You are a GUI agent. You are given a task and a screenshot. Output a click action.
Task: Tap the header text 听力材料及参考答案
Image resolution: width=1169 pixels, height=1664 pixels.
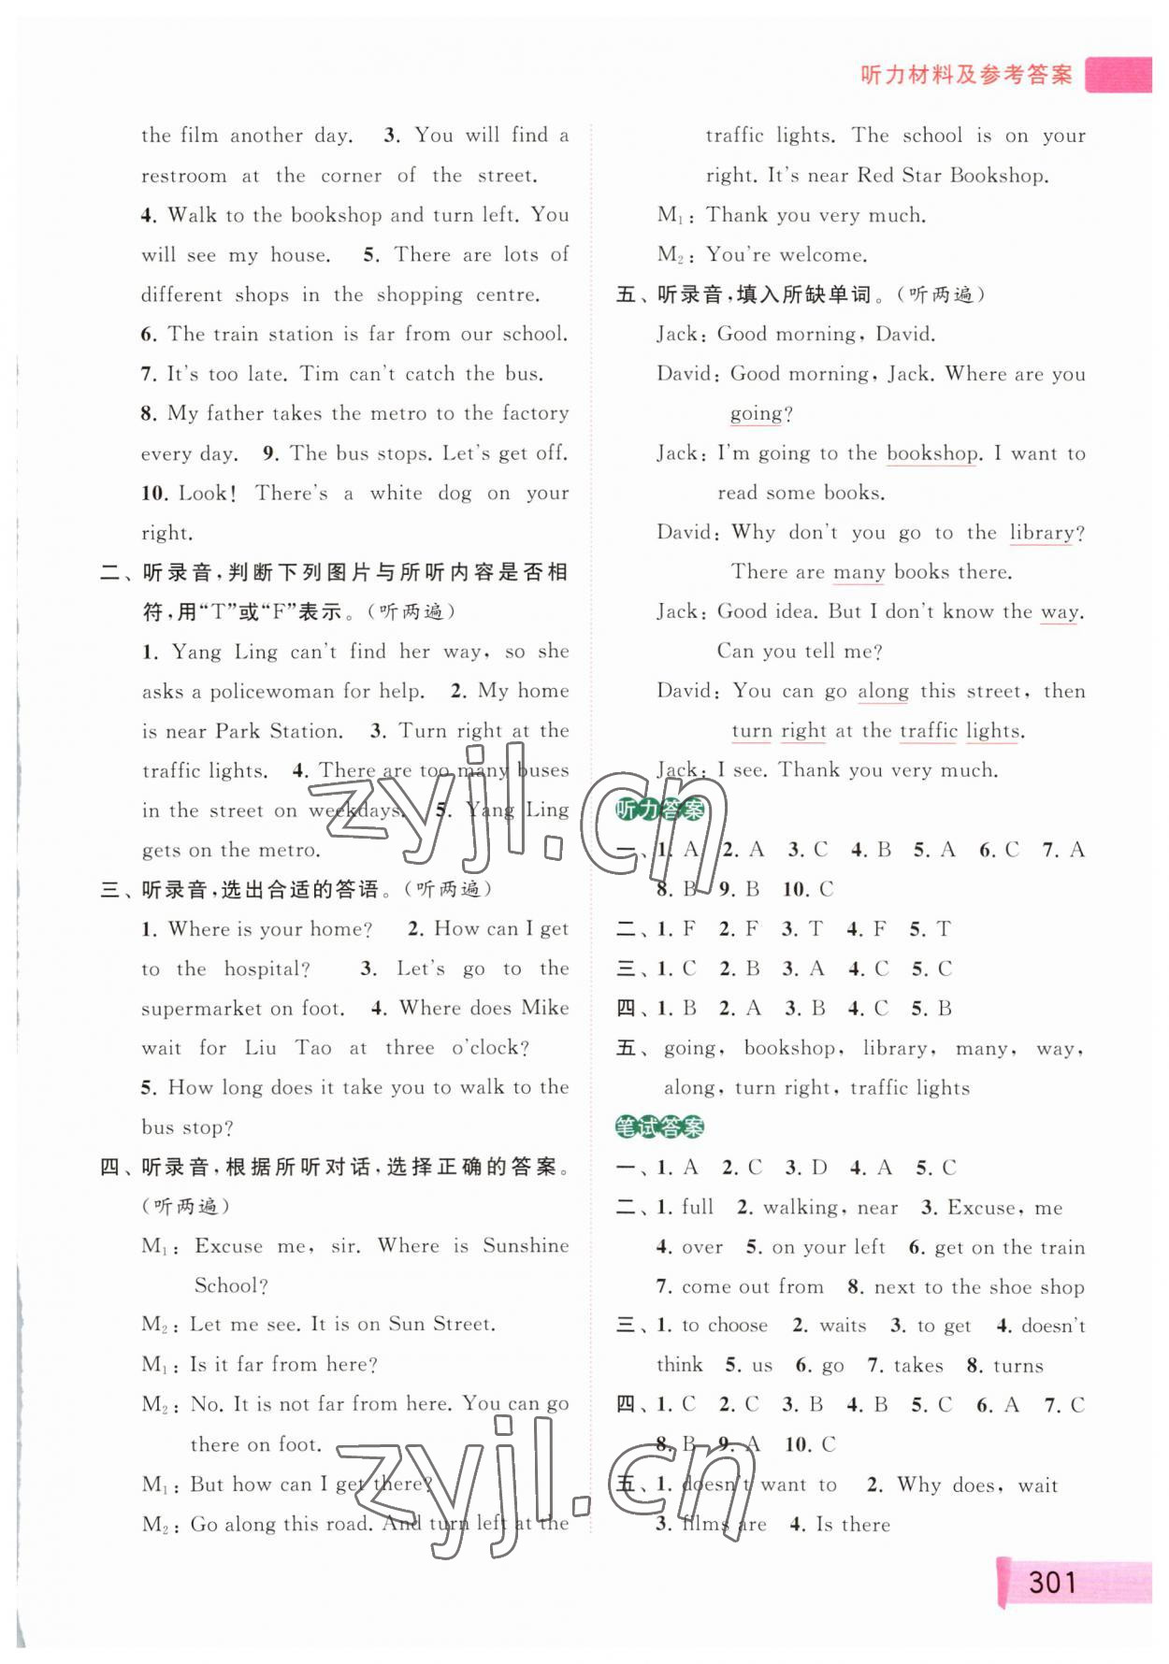pos(966,75)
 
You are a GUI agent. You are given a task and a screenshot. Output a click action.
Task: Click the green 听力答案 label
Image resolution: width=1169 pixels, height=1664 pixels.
pos(659,810)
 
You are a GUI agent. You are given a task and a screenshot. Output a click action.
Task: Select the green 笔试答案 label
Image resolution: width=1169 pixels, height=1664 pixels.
pos(659,1127)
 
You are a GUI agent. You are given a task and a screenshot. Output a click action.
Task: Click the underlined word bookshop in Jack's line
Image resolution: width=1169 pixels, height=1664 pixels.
pos(931,454)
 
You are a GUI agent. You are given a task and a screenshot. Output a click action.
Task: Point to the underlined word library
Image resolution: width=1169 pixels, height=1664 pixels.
pos(1042,533)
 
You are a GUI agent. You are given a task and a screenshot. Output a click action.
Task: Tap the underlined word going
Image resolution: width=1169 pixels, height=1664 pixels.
pos(756,414)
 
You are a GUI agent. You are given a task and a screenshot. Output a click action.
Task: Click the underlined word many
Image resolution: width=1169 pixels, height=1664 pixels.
pos(859,572)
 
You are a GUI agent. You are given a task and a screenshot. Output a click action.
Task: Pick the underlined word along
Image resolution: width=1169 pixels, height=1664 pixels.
pos(883,692)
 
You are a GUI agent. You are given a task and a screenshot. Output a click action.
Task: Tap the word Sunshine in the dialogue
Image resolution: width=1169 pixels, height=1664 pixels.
pos(526,1245)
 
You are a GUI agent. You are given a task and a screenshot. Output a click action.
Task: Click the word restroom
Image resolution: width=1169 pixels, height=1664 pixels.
pos(183,176)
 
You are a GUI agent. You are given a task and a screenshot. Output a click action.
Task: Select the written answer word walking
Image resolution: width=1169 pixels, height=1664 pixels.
pos(800,1208)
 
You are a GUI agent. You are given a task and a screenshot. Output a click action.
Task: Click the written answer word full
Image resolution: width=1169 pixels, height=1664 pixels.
pos(698,1207)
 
